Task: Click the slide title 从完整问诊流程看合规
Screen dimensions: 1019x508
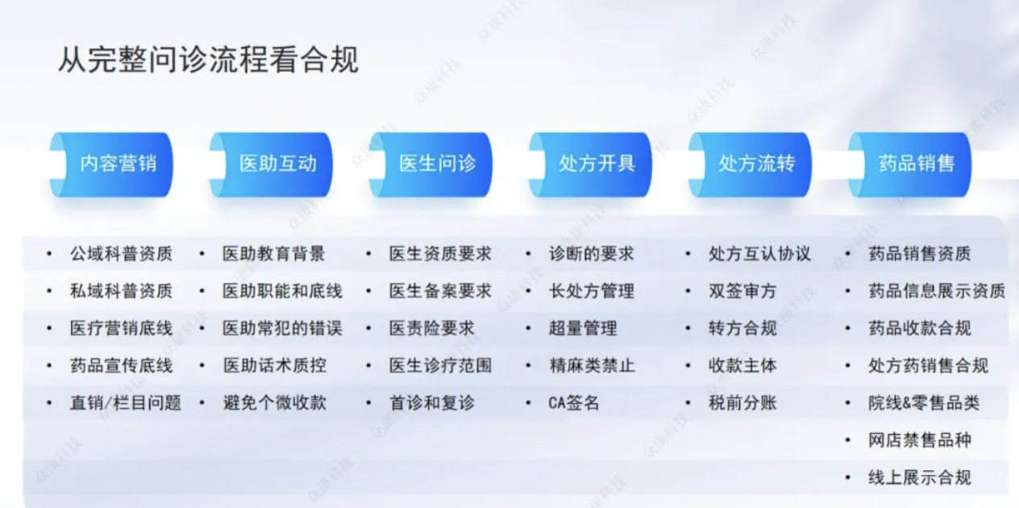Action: pos(208,60)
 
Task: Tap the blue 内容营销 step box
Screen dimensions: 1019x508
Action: pos(111,164)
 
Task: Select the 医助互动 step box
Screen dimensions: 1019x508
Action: pos(271,164)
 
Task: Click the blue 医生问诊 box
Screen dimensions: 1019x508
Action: pos(430,164)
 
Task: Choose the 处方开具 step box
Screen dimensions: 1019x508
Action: pos(590,164)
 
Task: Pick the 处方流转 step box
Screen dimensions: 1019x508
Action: pos(751,164)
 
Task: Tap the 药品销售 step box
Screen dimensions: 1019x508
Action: pos(910,164)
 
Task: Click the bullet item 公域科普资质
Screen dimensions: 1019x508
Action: pos(121,254)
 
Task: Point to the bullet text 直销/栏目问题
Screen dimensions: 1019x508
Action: pos(126,403)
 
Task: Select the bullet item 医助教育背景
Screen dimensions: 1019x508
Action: pos(274,254)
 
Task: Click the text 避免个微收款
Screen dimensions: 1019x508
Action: pos(275,403)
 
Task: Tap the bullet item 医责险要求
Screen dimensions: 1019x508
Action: pos(432,328)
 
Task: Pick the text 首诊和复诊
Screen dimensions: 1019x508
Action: pos(432,403)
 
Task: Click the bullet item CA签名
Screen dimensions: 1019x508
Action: pos(574,403)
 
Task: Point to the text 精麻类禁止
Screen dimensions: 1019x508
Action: pos(592,365)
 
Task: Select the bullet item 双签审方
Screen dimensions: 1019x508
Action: pos(742,291)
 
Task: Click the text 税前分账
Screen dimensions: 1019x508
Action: pos(742,403)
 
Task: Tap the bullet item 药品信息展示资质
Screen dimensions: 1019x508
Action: pos(937,291)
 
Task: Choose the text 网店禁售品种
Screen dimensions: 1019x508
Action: pos(920,440)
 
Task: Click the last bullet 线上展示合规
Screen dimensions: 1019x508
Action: pos(920,477)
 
